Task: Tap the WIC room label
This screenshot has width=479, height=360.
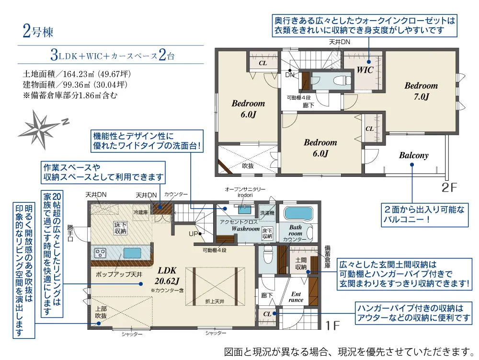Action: [x=365, y=70]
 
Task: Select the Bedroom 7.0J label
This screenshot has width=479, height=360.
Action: [x=421, y=91]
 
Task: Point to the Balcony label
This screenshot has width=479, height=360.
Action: [x=414, y=155]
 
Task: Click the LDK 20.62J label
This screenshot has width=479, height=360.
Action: [x=167, y=275]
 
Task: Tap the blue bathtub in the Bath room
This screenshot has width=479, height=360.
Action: [x=298, y=213]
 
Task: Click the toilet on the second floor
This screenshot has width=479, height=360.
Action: [x=342, y=81]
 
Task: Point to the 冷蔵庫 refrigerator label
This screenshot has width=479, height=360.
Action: [x=141, y=212]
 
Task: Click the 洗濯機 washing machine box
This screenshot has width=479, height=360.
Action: [x=267, y=213]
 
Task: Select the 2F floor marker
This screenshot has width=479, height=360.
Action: [x=449, y=187]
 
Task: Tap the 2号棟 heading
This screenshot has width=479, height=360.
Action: [x=38, y=32]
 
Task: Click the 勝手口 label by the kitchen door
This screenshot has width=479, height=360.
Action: [x=70, y=233]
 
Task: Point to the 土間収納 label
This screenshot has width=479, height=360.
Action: [x=301, y=264]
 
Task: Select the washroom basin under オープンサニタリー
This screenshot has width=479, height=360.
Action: [x=244, y=210]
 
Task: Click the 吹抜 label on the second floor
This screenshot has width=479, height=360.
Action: [x=248, y=166]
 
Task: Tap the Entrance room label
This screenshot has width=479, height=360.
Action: [x=296, y=297]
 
